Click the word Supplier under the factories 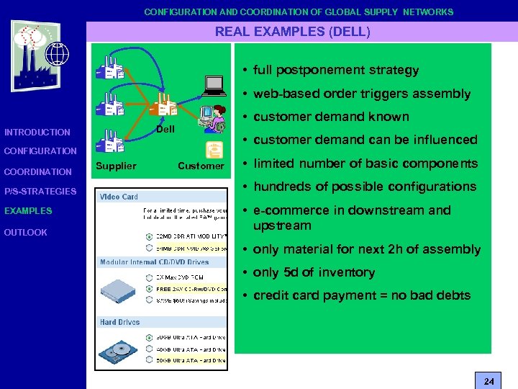point(115,166)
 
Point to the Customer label point(201,166)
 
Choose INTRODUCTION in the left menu point(37,132)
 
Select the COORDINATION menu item point(37,171)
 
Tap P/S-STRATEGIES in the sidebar point(40,191)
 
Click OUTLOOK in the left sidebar point(26,232)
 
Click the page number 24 point(489,380)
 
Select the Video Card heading point(119,197)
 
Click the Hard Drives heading point(120,322)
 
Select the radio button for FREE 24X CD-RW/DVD point(149,289)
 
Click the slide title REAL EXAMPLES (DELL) point(293,32)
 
